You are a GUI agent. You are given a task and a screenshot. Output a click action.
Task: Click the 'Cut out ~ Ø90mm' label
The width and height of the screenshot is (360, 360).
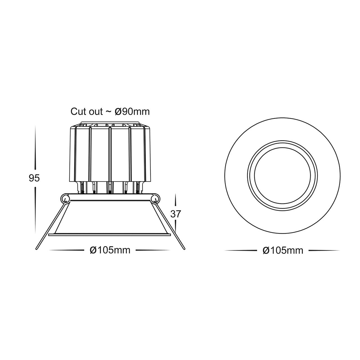[x=110, y=111]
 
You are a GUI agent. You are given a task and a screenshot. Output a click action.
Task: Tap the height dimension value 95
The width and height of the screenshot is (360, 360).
[x=35, y=178]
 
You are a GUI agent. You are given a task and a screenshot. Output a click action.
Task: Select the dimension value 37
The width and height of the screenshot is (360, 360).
[x=175, y=214]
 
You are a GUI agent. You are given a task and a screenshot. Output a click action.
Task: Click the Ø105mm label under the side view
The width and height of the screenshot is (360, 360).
[x=110, y=250]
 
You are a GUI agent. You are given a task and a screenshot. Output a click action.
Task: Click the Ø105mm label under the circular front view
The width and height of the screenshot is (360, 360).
[x=283, y=250]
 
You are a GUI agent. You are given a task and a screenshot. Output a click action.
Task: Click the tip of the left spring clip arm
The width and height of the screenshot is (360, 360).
[x=37, y=248]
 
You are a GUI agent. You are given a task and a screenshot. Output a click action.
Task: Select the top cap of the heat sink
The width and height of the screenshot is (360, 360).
[x=110, y=124]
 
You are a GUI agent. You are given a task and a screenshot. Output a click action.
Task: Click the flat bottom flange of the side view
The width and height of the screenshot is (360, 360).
[x=110, y=234]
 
